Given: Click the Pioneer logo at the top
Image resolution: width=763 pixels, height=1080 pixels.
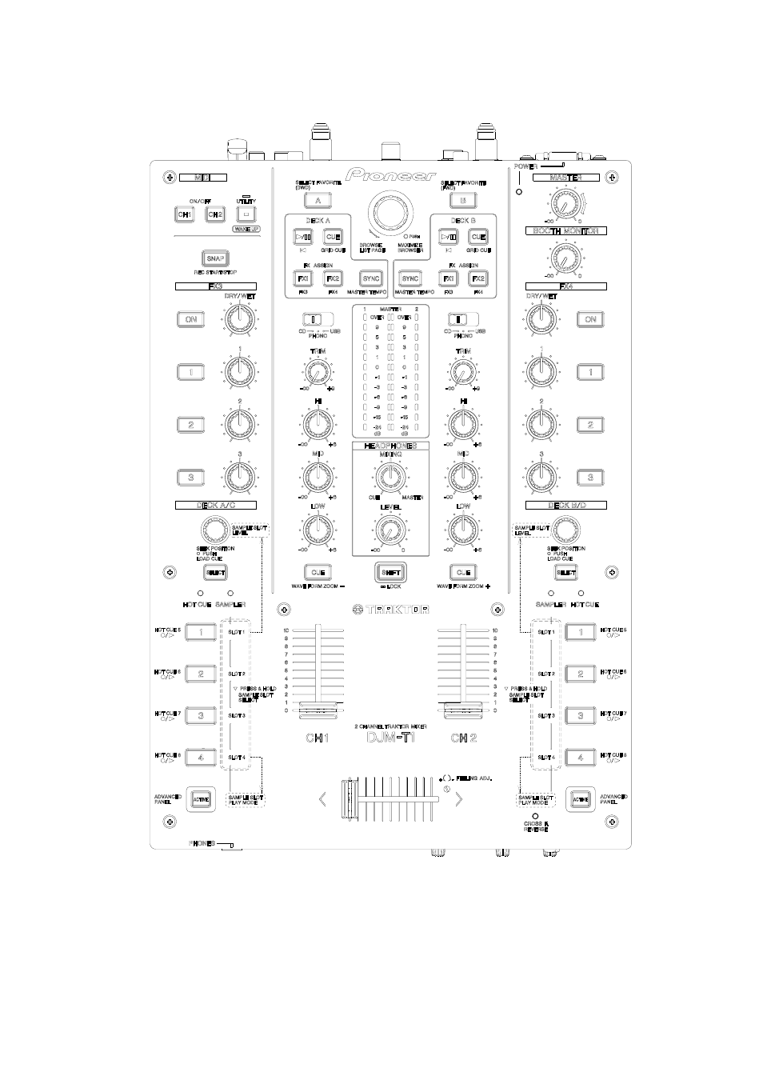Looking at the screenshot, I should click(x=391, y=175).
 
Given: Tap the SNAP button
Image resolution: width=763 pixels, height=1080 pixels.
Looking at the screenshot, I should click(x=214, y=258).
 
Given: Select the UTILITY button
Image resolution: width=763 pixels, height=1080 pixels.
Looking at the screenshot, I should click(x=246, y=214).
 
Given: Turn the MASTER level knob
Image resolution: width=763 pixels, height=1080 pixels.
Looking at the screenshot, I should click(x=566, y=205).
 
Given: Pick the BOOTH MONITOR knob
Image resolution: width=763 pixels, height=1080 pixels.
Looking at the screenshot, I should click(x=566, y=256).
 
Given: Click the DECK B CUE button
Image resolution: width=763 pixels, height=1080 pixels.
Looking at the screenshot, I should click(x=478, y=237).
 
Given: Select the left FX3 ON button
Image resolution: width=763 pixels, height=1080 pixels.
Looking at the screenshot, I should click(x=190, y=319).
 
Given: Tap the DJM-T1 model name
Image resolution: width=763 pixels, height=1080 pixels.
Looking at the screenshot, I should click(x=391, y=737).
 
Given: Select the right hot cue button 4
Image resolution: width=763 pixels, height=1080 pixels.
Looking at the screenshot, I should click(x=580, y=757).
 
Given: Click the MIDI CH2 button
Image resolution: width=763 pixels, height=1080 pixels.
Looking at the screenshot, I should click(x=214, y=214).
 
